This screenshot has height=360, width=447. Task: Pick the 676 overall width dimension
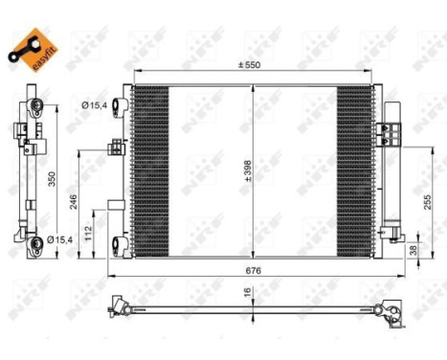pyautogui.click(x=252, y=270)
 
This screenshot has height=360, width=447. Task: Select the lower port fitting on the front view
pyautogui.click(x=119, y=244)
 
